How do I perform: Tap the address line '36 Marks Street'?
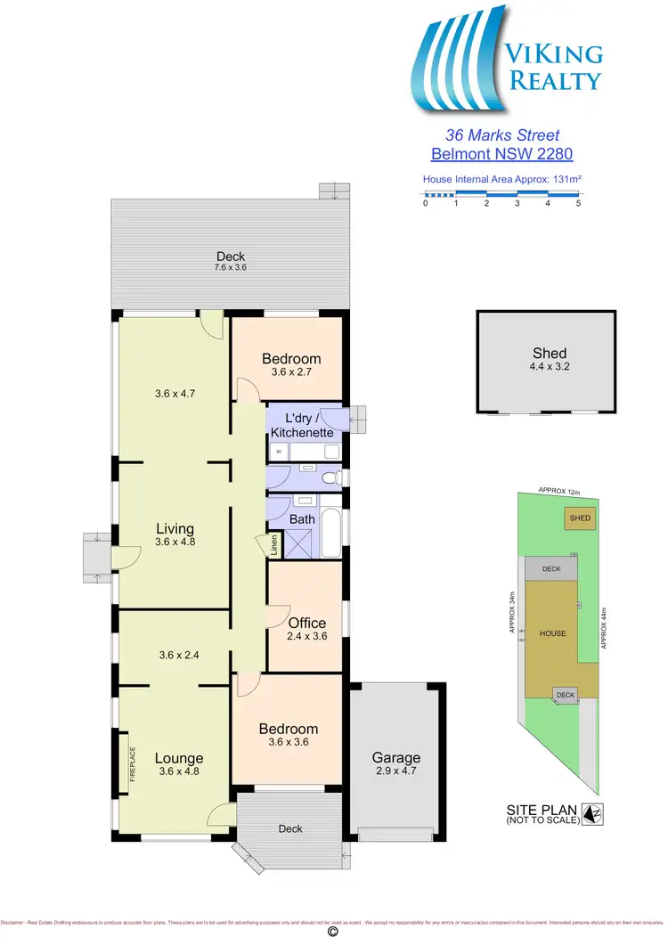[x=502, y=135]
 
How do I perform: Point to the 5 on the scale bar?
[x=579, y=204]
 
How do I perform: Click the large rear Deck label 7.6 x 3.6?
[x=229, y=260]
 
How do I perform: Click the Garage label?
[x=395, y=764]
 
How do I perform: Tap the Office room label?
[x=306, y=628]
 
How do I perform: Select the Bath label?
[x=303, y=518]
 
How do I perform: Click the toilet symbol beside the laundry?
[x=331, y=478]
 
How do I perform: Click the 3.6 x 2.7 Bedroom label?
[x=291, y=364]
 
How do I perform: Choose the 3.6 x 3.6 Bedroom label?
[x=288, y=734]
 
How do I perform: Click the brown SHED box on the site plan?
[x=580, y=518]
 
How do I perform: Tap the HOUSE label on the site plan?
[x=552, y=633]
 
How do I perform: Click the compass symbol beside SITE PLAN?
[x=592, y=813]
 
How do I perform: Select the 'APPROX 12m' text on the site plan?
[x=559, y=492]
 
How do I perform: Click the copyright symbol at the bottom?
[x=334, y=931]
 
